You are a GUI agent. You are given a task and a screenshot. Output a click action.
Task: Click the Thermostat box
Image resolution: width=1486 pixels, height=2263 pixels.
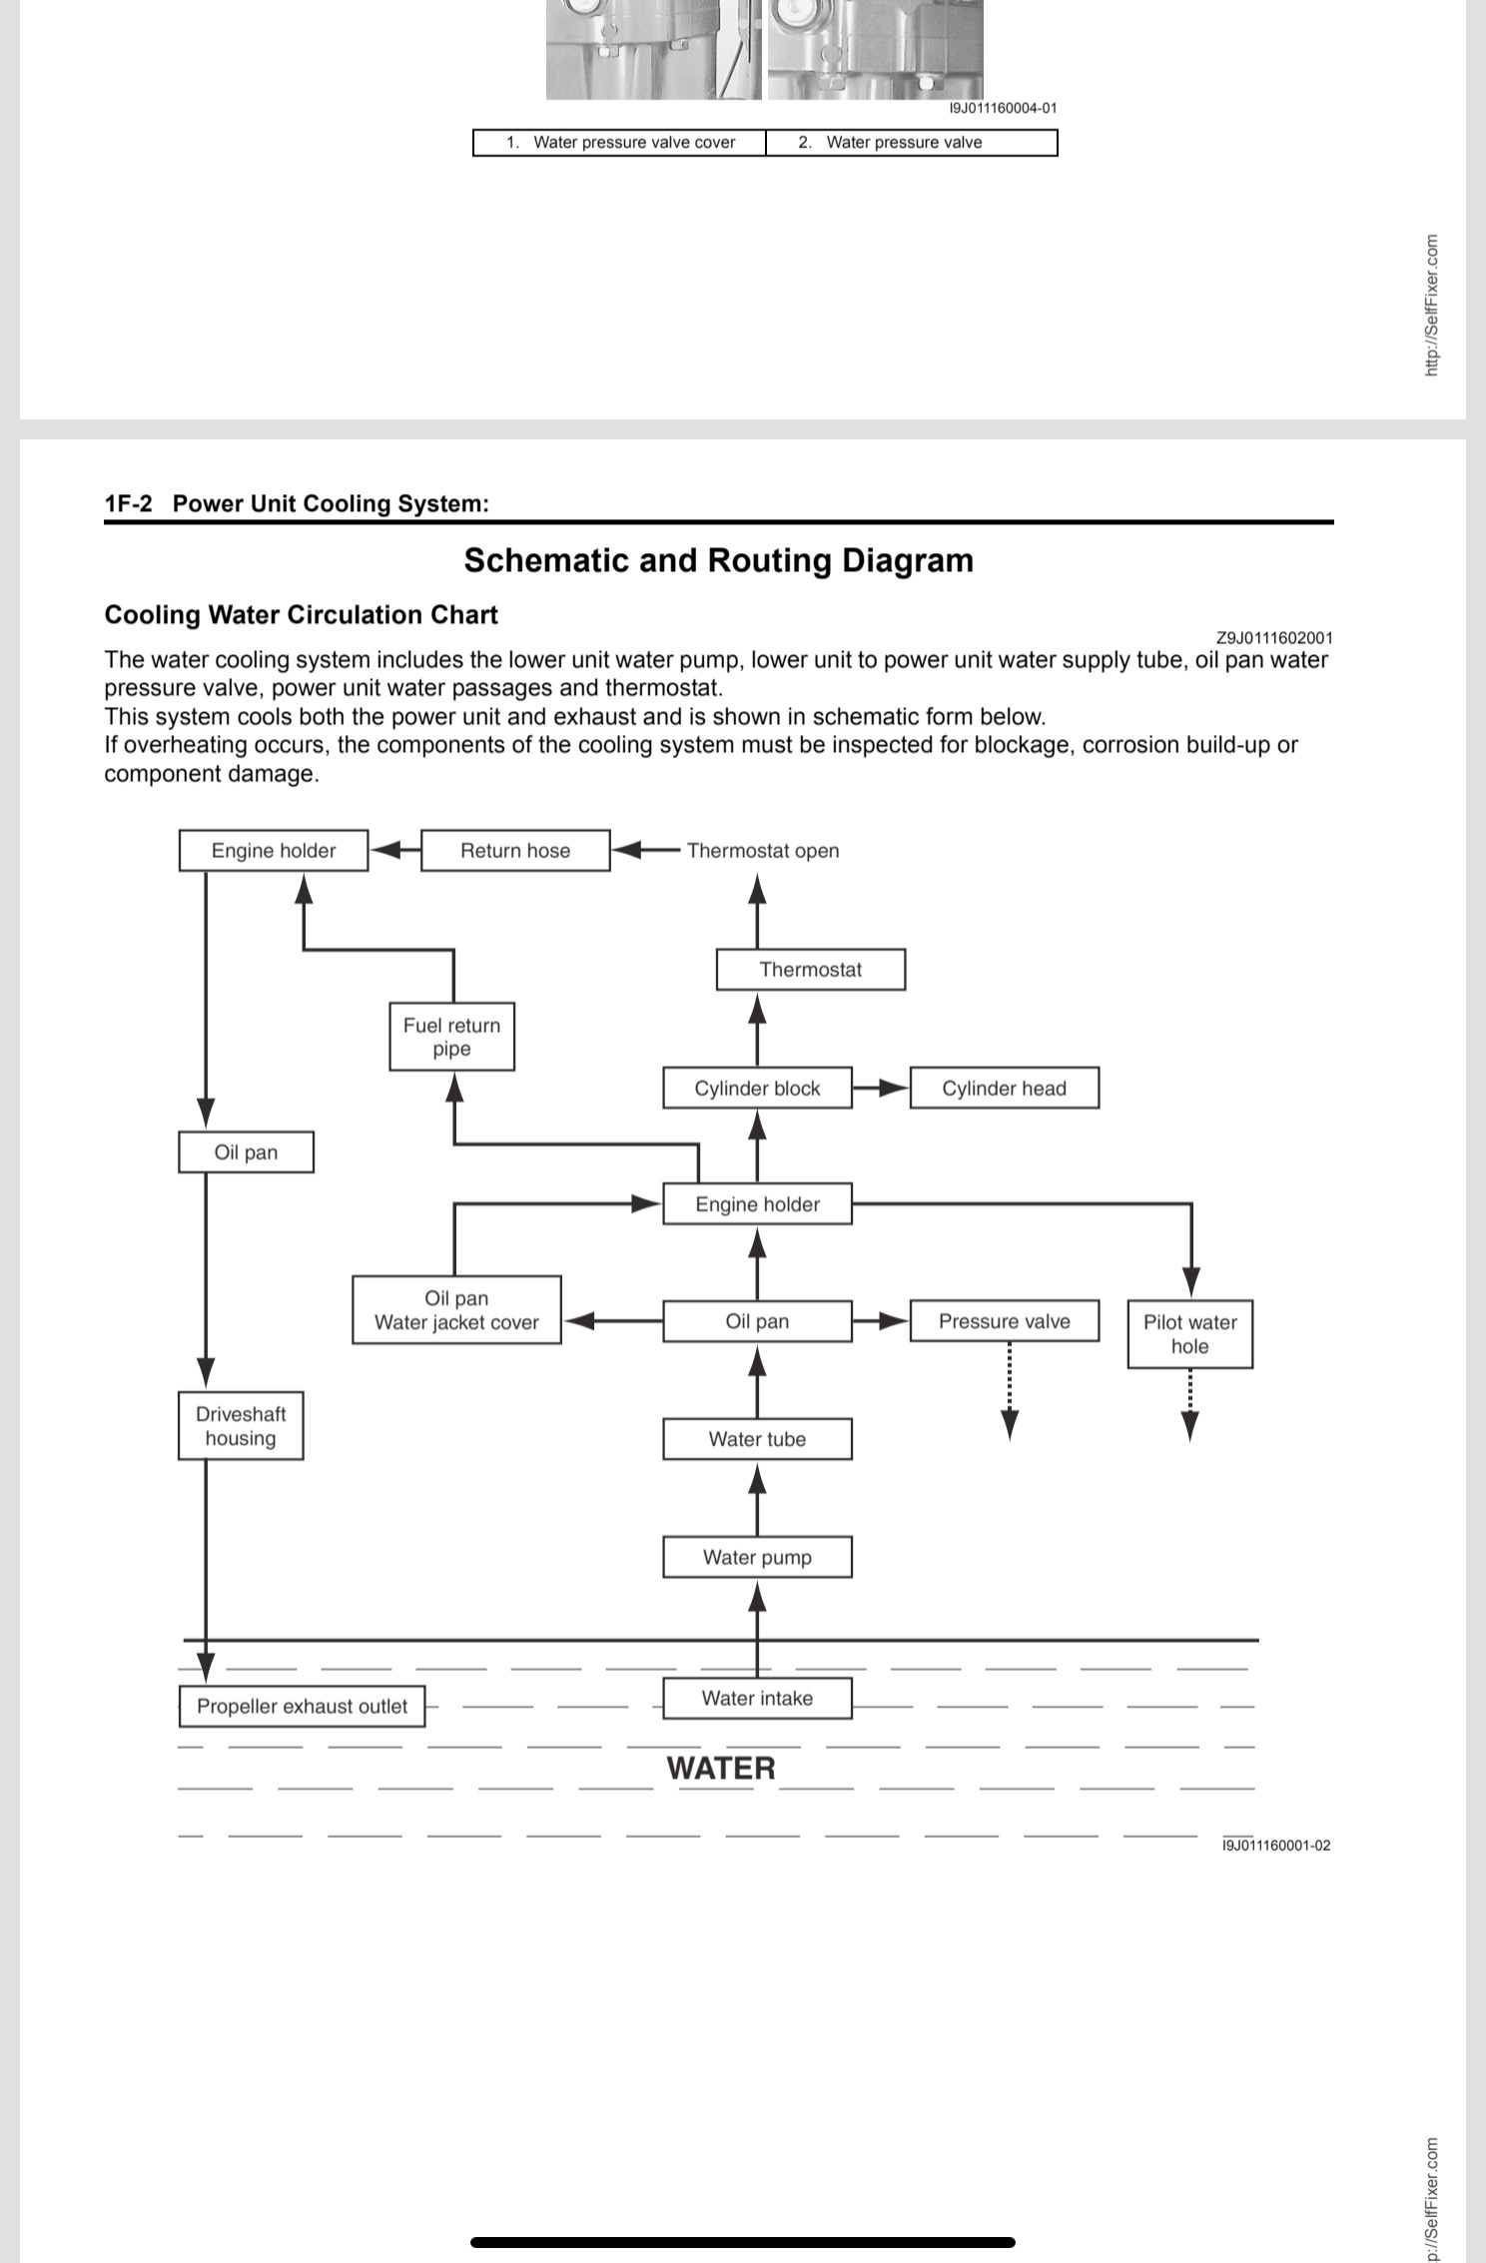(811, 969)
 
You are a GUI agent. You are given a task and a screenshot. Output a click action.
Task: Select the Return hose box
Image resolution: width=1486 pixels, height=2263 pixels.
(515, 850)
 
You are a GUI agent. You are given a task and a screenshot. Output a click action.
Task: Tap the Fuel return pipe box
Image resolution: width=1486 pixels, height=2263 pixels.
(451, 1037)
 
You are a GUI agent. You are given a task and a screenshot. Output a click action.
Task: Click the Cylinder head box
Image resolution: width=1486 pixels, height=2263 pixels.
(1004, 1088)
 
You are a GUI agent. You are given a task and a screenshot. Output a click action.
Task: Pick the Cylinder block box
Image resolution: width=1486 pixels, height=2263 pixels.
(757, 1088)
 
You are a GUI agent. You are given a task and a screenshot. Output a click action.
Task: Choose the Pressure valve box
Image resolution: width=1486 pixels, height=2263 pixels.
(1004, 1320)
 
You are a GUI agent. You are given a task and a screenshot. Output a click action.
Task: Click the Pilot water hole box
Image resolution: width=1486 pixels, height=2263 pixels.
(1189, 1333)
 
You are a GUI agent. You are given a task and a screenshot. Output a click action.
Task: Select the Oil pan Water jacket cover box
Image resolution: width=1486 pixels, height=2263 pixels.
(456, 1309)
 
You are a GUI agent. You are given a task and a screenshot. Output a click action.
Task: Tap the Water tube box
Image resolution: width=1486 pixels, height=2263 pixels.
(757, 1438)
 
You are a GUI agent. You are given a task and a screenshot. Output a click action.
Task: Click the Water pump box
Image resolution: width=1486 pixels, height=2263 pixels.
(757, 1556)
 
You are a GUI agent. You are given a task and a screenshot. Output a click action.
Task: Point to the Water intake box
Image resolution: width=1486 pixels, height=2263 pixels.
(757, 1698)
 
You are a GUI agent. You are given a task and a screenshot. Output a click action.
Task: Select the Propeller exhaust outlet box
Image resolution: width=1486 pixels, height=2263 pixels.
(302, 1706)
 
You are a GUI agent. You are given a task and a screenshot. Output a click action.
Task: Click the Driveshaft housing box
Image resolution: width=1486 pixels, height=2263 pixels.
(241, 1425)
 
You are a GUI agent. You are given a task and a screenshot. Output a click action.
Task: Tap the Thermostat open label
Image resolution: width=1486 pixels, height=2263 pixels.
(763, 851)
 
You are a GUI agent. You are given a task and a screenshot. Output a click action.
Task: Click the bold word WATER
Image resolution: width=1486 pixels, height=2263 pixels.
(721, 1768)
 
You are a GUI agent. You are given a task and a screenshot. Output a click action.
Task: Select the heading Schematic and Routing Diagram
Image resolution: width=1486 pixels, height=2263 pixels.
(719, 560)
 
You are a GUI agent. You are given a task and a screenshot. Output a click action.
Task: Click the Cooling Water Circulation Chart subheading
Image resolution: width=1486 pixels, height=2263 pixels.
(301, 614)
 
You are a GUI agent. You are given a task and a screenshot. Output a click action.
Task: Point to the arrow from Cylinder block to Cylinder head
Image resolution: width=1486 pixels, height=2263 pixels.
(881, 1088)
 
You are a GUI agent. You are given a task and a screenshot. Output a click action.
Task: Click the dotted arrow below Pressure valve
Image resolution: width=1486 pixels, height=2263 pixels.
(1010, 1391)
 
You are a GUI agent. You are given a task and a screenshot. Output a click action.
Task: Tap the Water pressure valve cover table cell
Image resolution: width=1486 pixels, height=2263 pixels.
(619, 142)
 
